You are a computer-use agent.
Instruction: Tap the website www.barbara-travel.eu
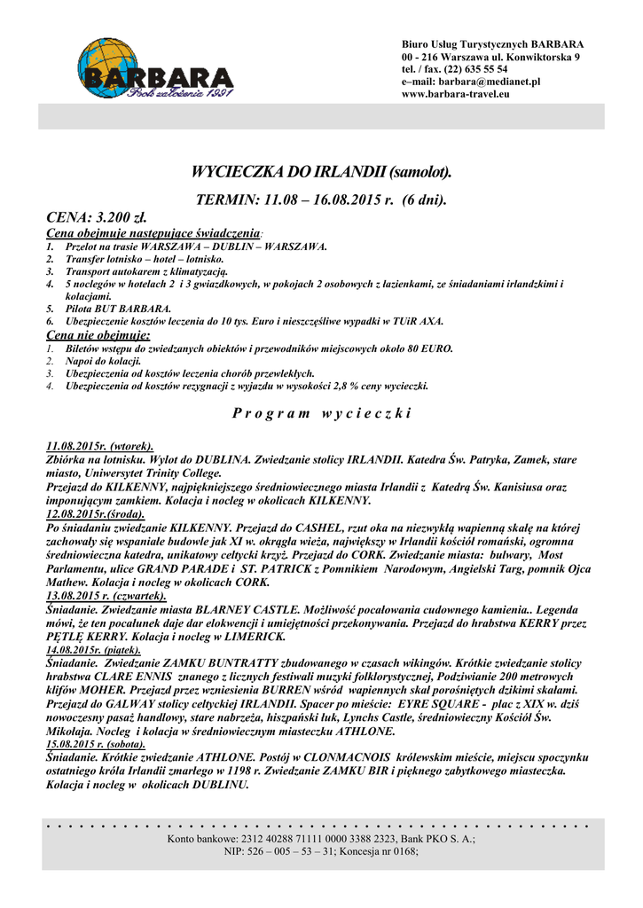tap(455, 94)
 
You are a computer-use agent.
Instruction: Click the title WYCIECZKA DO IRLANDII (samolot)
tap(322, 171)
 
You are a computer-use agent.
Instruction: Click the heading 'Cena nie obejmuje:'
tap(98, 336)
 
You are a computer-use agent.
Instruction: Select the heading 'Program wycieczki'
tap(322, 413)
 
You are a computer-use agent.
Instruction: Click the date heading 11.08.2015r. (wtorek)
tap(99, 446)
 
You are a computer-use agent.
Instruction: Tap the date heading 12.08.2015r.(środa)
tap(96, 513)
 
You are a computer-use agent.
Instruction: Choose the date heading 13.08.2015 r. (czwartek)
tap(106, 596)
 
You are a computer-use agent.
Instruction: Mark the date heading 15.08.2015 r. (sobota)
tap(95, 745)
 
